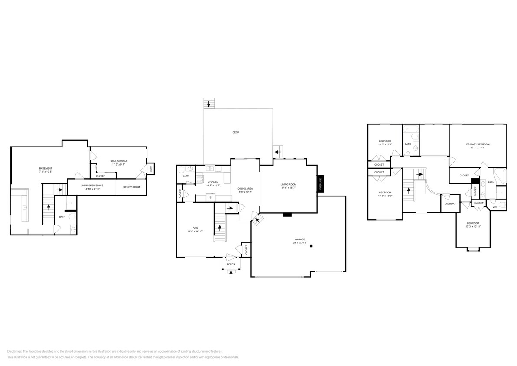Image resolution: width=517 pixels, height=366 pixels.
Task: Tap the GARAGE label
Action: (x=300, y=239)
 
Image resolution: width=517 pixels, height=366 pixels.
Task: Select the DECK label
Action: (x=236, y=132)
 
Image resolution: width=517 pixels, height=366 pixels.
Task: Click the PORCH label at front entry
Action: (x=231, y=264)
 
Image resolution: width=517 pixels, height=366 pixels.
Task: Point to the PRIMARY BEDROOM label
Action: (x=478, y=144)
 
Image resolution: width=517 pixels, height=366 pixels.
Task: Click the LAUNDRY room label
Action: (x=450, y=203)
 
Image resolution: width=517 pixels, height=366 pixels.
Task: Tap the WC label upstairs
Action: (x=494, y=207)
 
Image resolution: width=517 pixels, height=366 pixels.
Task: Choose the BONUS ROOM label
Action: (x=118, y=161)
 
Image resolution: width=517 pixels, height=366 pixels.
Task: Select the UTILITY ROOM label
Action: (x=131, y=187)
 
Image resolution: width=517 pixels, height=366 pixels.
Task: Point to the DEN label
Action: (x=195, y=228)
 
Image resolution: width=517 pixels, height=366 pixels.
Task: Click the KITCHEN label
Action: (x=213, y=182)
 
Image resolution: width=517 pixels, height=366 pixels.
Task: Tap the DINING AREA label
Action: (x=245, y=188)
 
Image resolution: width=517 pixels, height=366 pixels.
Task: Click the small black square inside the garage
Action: (x=311, y=246)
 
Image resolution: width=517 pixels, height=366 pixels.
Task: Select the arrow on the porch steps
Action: (x=231, y=273)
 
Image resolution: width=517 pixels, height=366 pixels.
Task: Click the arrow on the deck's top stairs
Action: (x=209, y=104)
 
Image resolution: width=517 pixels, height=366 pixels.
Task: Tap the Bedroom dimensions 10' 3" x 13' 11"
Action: (x=473, y=227)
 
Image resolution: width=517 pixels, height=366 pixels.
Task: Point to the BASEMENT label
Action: (x=46, y=168)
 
